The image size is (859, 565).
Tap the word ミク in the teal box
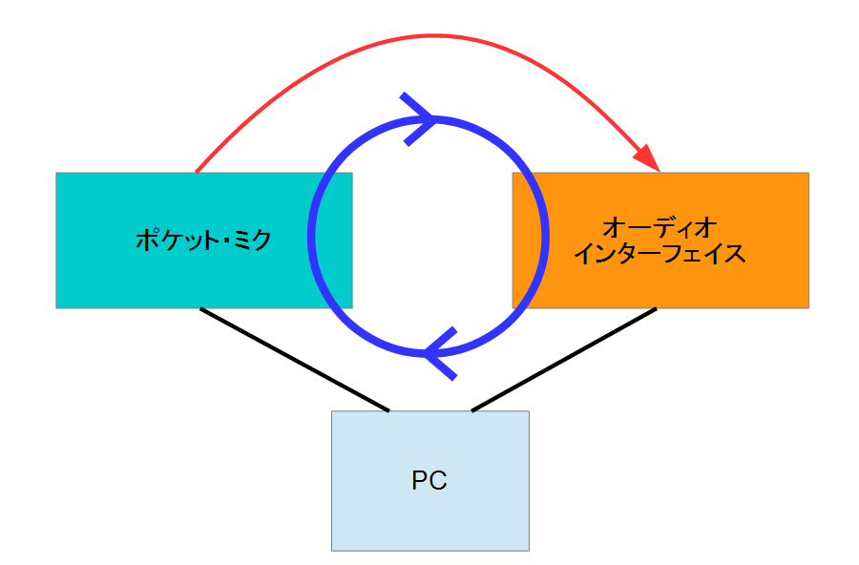pos(253,240)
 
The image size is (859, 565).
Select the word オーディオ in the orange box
pos(660,228)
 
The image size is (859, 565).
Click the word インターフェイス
pos(660,254)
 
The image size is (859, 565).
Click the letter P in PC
pos(420,480)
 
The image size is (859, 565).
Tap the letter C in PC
pos(438,480)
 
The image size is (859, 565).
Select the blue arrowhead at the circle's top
pos(418,119)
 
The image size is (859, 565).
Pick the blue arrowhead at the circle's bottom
pos(440,353)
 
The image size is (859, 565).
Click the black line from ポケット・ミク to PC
pos(295,360)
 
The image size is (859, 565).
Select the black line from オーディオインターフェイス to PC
pos(564,360)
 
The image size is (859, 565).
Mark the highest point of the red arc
pos(432,36)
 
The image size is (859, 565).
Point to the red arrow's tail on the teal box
pos(197,172)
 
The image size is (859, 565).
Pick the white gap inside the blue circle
pos(432,237)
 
